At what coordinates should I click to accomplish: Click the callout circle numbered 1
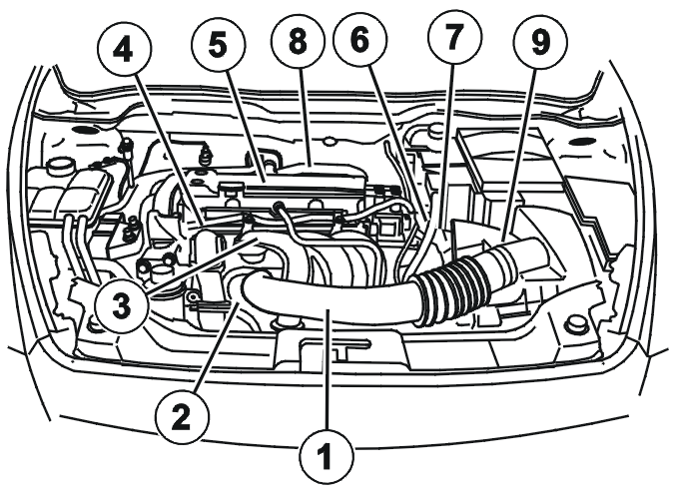coord(328,456)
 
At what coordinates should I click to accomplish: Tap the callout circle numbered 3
coord(122,305)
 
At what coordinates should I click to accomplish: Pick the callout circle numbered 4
coord(125,52)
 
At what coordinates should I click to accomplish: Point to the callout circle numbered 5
coord(219,46)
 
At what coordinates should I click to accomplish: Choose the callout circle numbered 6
coord(359,40)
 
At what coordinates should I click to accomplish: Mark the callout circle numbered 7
coord(455,36)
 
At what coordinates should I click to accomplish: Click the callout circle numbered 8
coord(298,42)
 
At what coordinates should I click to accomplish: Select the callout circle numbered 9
coord(540,42)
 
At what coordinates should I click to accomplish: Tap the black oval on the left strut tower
coord(86,130)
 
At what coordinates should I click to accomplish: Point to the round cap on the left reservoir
coord(59,165)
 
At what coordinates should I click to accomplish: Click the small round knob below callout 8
coord(329,141)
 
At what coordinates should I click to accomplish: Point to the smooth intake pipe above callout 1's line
coord(327,295)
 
